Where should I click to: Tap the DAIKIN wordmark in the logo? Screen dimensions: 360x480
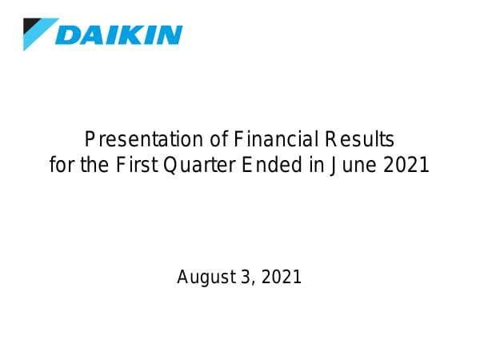point(119,34)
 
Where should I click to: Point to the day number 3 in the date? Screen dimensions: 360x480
point(246,278)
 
